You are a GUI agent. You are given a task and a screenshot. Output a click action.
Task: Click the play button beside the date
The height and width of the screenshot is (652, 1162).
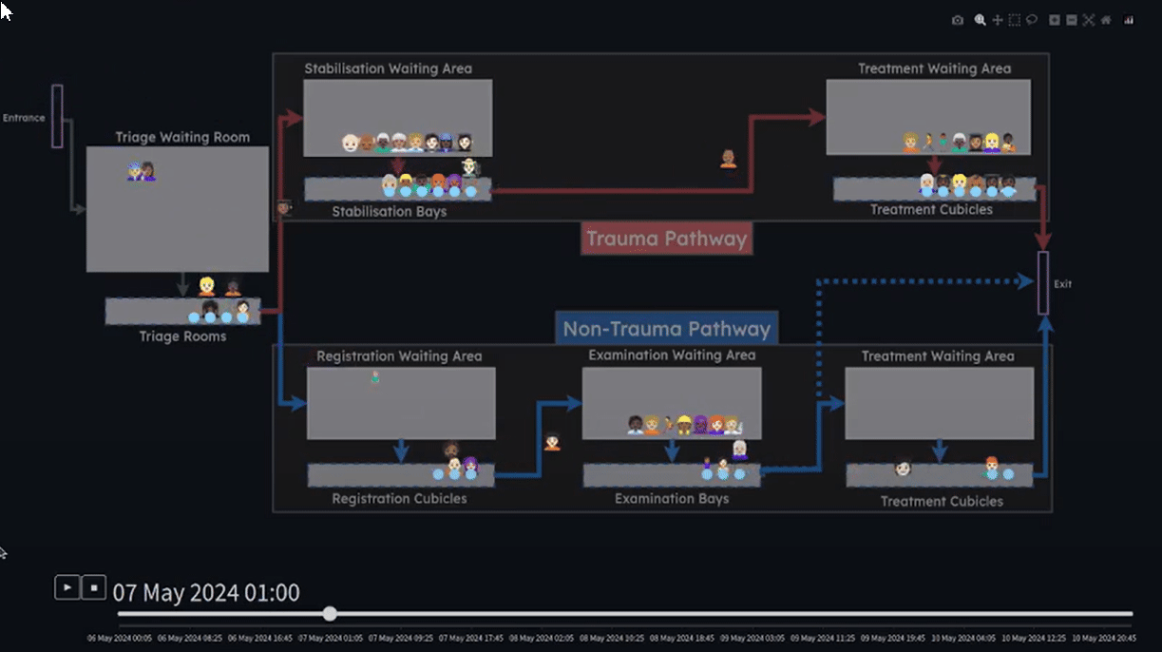[67, 587]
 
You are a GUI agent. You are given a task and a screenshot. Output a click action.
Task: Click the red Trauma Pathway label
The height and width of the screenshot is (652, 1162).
[666, 239]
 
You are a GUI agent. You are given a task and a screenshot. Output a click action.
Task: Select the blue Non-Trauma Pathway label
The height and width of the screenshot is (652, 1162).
[666, 330]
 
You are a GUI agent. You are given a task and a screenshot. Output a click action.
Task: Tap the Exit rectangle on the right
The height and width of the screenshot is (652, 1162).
[1043, 283]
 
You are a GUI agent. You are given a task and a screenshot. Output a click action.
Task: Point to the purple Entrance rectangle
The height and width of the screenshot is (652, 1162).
[57, 116]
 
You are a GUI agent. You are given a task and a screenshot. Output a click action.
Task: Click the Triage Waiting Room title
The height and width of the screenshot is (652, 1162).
[182, 137]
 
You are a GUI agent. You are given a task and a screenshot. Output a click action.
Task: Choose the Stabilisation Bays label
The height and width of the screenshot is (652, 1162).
[389, 211]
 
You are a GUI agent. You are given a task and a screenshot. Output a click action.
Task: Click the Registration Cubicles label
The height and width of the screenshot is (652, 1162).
[399, 498]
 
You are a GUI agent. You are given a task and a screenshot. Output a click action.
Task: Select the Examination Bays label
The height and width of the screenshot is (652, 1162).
[672, 498]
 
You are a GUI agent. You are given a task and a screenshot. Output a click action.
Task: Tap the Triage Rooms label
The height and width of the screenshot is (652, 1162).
[182, 336]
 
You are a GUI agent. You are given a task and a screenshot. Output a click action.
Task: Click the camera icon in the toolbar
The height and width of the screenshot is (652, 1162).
[958, 20]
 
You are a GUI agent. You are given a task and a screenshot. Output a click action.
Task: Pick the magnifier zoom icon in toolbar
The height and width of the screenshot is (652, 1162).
[980, 20]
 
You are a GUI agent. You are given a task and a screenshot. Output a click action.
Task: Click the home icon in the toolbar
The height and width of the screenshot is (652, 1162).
[1106, 20]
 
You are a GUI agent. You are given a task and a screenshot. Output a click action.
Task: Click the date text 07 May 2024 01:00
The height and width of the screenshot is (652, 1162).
[206, 593]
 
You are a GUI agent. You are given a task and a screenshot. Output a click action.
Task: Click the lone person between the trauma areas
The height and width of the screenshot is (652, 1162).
[728, 159]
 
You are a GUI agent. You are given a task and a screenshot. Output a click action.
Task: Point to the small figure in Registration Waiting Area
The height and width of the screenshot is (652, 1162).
[375, 378]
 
